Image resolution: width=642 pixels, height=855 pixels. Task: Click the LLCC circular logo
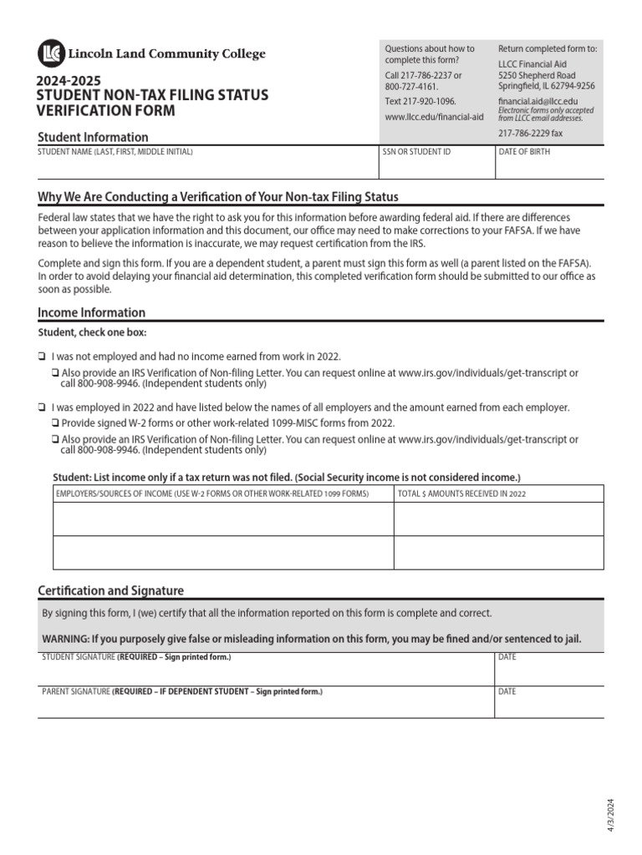click(x=50, y=53)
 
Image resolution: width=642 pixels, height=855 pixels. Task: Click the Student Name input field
click(x=207, y=167)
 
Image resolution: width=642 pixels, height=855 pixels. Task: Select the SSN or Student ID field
click(x=436, y=167)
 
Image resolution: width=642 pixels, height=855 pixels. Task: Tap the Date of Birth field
click(x=550, y=167)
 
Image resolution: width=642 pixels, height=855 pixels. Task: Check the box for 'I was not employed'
click(x=42, y=357)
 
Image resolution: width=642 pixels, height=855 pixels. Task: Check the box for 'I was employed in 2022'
click(x=42, y=407)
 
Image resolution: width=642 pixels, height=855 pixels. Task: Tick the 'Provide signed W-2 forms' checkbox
click(x=55, y=423)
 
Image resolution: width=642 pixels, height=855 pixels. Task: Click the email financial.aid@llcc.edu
click(x=538, y=100)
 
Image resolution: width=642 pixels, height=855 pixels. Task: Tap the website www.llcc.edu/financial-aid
click(x=434, y=117)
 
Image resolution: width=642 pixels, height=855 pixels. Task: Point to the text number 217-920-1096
click(x=420, y=101)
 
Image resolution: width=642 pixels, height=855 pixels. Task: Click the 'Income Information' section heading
click(x=92, y=312)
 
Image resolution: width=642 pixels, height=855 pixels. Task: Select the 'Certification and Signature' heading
click(x=110, y=590)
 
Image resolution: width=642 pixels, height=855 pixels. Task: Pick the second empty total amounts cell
click(x=498, y=552)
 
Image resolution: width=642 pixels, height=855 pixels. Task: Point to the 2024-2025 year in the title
click(x=67, y=81)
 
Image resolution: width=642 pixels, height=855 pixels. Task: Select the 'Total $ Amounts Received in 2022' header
click(x=462, y=493)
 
